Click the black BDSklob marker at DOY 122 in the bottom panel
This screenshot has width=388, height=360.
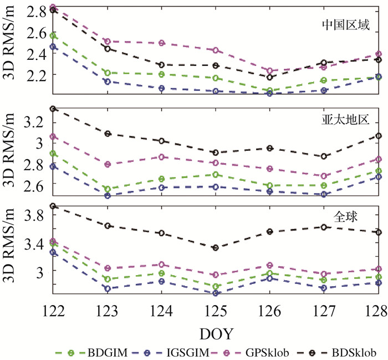53,206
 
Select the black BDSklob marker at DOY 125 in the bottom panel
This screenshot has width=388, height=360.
216,247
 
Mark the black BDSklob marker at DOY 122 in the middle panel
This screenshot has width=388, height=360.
53,109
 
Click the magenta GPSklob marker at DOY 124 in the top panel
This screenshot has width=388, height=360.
161,43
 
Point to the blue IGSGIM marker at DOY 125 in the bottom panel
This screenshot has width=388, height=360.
216,293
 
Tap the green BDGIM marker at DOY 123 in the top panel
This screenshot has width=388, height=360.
108,73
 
